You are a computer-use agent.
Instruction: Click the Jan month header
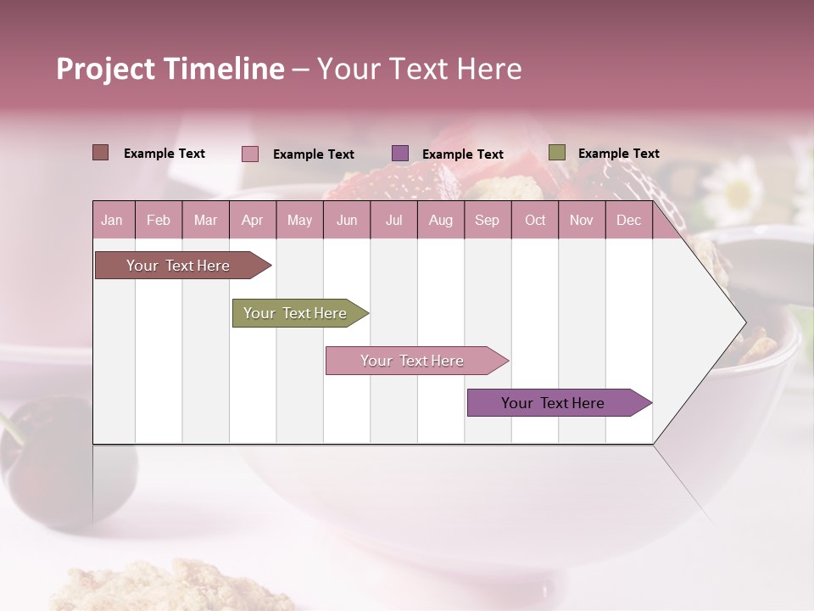[112, 221]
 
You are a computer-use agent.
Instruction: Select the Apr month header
[252, 221]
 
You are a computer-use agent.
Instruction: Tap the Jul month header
[393, 221]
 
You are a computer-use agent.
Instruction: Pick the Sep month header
[487, 221]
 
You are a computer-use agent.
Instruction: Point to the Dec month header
[628, 221]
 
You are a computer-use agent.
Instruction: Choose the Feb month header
[159, 221]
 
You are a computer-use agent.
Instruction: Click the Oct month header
[535, 221]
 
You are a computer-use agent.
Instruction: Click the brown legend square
[100, 153]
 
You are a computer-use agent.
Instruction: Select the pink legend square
[249, 154]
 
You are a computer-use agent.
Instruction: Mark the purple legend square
[400, 153]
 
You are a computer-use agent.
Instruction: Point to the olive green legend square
[556, 153]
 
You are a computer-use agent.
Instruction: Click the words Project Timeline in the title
[170, 69]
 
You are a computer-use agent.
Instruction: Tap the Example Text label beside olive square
[618, 154]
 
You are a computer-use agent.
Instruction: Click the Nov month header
[582, 221]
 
